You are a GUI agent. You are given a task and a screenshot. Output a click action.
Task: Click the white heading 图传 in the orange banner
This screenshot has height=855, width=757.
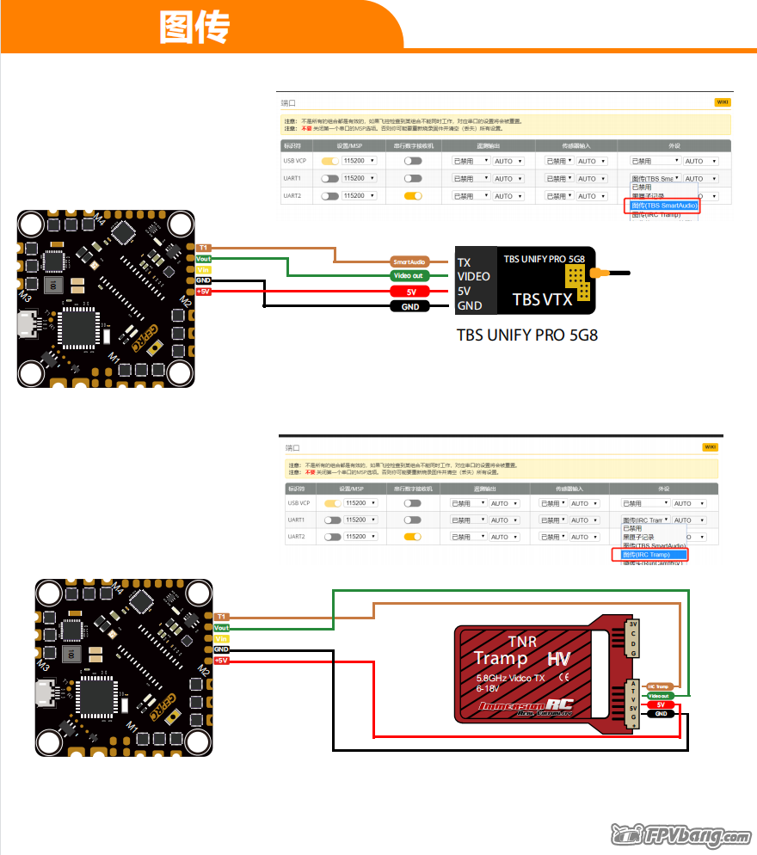pos(194,28)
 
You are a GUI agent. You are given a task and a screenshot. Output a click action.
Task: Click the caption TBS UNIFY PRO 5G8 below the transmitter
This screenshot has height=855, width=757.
pos(526,334)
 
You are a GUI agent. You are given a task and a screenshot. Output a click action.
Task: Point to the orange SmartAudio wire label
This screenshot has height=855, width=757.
pos(409,261)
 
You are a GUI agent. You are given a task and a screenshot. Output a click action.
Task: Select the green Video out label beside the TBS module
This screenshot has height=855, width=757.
pos(408,276)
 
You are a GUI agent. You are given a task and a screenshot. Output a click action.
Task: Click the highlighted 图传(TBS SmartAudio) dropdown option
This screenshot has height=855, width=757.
pos(662,206)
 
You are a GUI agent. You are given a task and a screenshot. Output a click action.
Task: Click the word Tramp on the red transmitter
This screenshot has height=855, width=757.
pos(502,659)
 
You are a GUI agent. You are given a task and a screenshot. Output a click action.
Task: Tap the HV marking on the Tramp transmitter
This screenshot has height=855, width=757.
pos(558,660)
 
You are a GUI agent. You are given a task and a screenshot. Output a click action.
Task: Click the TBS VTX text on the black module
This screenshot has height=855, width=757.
pos(542,299)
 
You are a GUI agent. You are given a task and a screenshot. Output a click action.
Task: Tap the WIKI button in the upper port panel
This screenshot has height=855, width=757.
pos(722,101)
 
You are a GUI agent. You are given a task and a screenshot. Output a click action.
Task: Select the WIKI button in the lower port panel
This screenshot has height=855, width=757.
pos(710,447)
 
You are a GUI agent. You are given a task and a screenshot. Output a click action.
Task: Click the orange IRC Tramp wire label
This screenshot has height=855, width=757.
pos(658,686)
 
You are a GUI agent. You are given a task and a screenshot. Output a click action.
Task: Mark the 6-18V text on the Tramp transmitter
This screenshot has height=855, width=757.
pos(488,689)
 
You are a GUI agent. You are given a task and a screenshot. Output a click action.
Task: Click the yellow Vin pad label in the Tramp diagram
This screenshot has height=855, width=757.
pos(222,639)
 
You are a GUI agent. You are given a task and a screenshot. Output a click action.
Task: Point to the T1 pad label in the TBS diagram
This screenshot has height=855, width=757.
pos(203,248)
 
